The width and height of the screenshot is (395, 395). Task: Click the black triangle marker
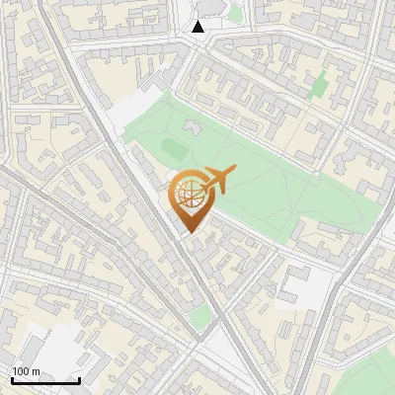(198, 27)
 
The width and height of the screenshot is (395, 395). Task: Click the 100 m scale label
(26, 371)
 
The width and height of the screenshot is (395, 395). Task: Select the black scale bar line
(45, 380)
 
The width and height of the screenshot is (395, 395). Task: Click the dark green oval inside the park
(174, 149)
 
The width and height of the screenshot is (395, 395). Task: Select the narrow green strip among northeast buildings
(319, 86)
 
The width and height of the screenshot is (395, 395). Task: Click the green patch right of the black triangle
(234, 14)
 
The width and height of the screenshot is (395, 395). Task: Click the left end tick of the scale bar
(12, 379)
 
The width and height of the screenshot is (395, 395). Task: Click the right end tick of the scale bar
(80, 379)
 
